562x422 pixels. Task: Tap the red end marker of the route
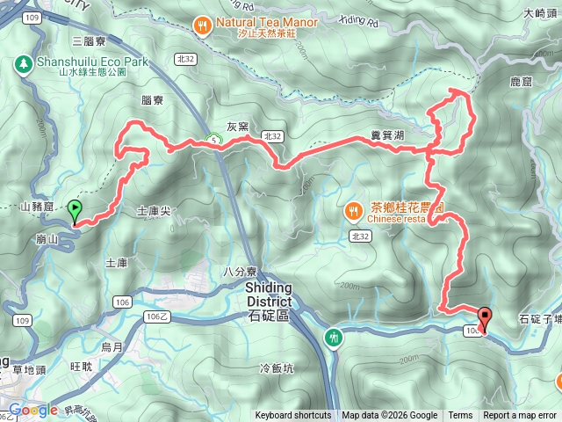pyautogui.click(x=484, y=319)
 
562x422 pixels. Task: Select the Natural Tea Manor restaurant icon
pyautogui.click(x=203, y=25)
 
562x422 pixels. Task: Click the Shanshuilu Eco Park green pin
pyautogui.click(x=22, y=64)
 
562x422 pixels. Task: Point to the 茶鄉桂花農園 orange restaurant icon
pyautogui.click(x=353, y=211)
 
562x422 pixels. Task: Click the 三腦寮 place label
pyautogui.click(x=89, y=41)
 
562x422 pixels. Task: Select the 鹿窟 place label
pyautogui.click(x=522, y=81)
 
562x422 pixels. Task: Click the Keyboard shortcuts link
pyautogui.click(x=293, y=416)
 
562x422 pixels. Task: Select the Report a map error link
pyautogui.click(x=520, y=416)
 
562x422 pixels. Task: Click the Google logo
pyautogui.click(x=32, y=410)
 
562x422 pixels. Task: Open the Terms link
pyautogui.click(x=460, y=416)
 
